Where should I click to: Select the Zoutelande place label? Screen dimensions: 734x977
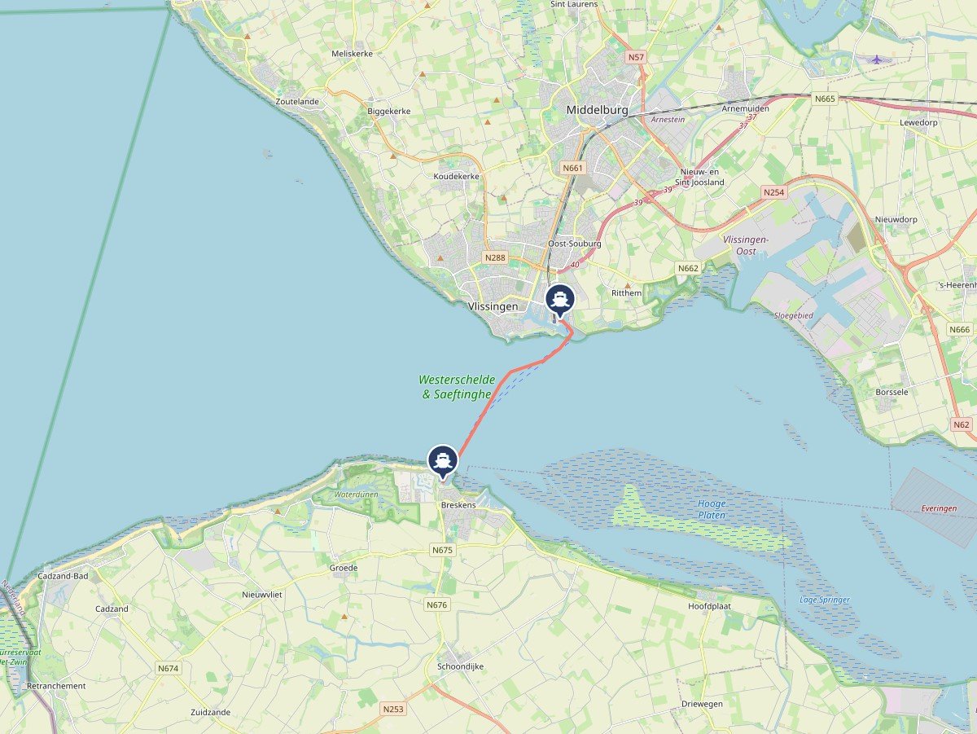click(297, 102)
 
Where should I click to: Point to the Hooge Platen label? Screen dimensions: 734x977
click(712, 509)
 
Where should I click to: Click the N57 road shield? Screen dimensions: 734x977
click(637, 58)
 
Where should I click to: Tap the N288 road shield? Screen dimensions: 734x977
click(494, 257)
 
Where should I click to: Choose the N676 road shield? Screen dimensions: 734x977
click(436, 604)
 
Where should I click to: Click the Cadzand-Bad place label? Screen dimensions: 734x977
click(63, 576)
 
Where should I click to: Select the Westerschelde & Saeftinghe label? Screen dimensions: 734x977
click(457, 387)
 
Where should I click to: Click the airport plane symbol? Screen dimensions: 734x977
click(876, 59)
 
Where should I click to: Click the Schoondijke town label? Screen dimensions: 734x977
click(460, 666)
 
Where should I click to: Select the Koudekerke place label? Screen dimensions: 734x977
click(457, 176)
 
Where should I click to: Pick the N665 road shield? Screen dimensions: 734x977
click(825, 99)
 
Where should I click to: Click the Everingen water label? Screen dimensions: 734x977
click(939, 508)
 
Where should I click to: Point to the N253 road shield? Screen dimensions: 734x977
click(392, 709)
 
